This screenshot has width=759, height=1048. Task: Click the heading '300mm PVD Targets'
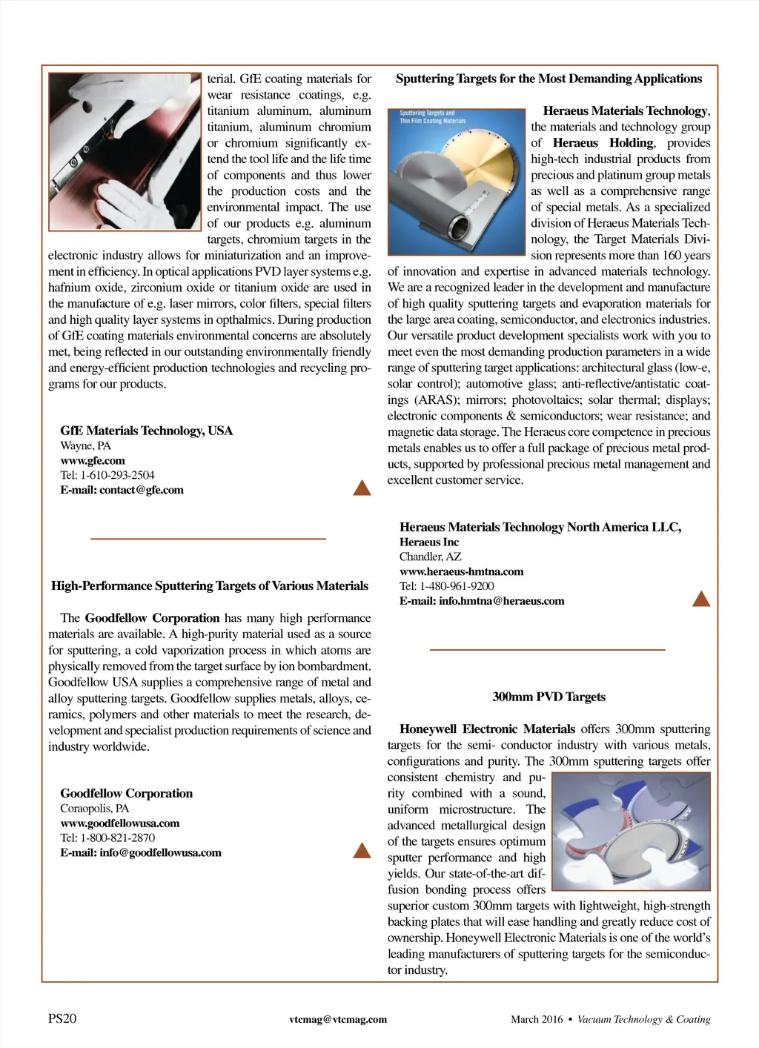tap(548, 697)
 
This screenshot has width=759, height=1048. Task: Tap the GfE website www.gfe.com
tap(93, 460)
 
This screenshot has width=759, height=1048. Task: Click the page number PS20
tap(62, 1018)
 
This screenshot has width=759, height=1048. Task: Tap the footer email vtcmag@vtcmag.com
tap(338, 1019)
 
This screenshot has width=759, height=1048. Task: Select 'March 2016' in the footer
tap(537, 1019)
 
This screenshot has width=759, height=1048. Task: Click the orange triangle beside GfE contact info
tap(362, 488)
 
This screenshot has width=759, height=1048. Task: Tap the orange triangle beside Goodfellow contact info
tap(362, 850)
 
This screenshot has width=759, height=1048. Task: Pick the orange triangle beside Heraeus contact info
tap(700, 599)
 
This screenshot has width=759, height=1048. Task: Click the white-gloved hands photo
tap(125, 151)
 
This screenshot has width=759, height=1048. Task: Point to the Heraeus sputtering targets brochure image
tap(457, 182)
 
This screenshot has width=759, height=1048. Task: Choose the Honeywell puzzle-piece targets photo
tap(631, 831)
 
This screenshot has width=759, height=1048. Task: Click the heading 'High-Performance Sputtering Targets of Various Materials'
tap(210, 586)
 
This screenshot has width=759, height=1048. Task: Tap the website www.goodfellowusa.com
tap(120, 823)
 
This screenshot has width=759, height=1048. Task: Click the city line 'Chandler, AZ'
tap(430, 557)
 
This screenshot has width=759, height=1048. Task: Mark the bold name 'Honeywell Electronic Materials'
tap(487, 729)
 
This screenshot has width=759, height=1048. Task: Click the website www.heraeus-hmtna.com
tap(461, 571)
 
